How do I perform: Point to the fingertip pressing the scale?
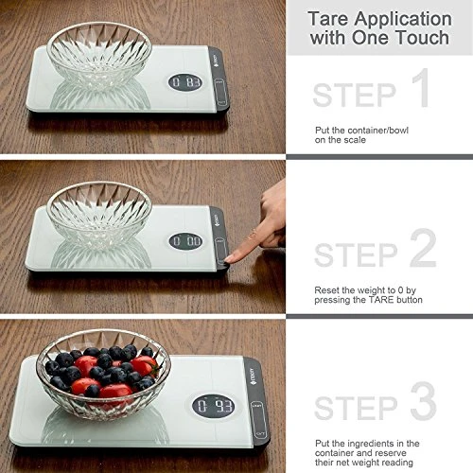(x=231, y=255)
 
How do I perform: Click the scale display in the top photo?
(x=185, y=83)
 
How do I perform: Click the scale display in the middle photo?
(x=185, y=241)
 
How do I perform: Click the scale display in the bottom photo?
(x=213, y=407)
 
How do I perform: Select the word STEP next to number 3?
(x=354, y=407)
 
